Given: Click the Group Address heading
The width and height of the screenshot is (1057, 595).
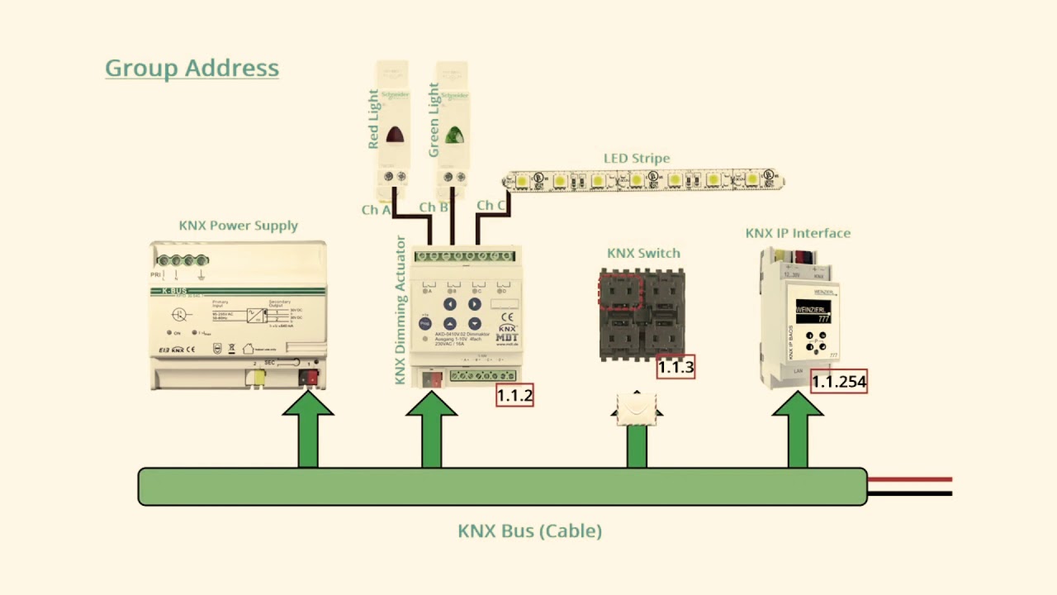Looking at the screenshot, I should coord(192,68).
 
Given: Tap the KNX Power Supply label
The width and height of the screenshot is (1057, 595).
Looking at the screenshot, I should coord(238,226).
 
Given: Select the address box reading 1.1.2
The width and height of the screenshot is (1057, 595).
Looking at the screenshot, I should coord(514,395).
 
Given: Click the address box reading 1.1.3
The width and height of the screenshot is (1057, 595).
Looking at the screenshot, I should coord(675,367).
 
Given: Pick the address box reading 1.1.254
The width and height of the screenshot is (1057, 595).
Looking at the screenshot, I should coord(838,381).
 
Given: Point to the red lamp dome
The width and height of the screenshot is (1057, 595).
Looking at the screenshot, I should coord(395,134).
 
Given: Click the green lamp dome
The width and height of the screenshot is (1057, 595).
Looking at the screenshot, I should coord(453,134).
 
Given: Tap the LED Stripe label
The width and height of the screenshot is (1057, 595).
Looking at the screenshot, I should coord(636,158).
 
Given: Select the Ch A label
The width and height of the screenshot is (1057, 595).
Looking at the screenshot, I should coord(376,210).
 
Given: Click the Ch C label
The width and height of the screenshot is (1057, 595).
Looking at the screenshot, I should coord(491,205).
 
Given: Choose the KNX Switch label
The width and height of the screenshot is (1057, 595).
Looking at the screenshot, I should coord(643,253).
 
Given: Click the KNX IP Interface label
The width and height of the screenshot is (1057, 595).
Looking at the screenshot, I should coord(798,233).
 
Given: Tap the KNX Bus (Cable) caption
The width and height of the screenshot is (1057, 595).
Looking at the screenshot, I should coord(529,531).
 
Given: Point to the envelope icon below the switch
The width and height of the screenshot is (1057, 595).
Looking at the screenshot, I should coord(637,407).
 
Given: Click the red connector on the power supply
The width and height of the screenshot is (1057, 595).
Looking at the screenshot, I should coord(308,378).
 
